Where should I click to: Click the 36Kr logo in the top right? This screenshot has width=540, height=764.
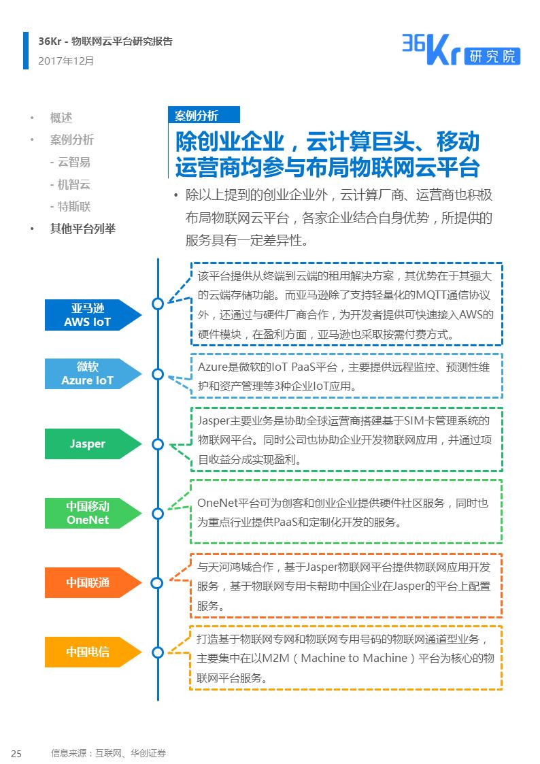[460, 50]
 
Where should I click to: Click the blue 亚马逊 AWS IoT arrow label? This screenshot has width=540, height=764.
[92, 315]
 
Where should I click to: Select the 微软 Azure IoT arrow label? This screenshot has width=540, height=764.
[92, 373]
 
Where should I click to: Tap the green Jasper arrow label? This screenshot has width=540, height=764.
[92, 444]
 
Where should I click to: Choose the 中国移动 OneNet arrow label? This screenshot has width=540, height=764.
[92, 513]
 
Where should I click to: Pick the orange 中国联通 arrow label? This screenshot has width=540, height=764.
[92, 583]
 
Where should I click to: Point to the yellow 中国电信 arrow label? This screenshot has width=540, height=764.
[92, 652]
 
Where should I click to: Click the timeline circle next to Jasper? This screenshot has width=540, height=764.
[158, 444]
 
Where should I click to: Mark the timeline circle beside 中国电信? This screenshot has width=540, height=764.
[158, 652]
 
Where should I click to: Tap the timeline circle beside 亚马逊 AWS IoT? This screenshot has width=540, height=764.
[158, 303]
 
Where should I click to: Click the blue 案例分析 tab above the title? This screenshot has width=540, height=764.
[204, 115]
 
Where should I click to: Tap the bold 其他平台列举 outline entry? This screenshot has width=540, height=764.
[83, 229]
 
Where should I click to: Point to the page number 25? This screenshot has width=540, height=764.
[16, 753]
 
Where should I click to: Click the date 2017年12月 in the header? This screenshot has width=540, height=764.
[66, 61]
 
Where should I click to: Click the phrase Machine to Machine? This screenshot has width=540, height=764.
[354, 659]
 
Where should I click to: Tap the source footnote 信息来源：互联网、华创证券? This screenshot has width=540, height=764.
[109, 753]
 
